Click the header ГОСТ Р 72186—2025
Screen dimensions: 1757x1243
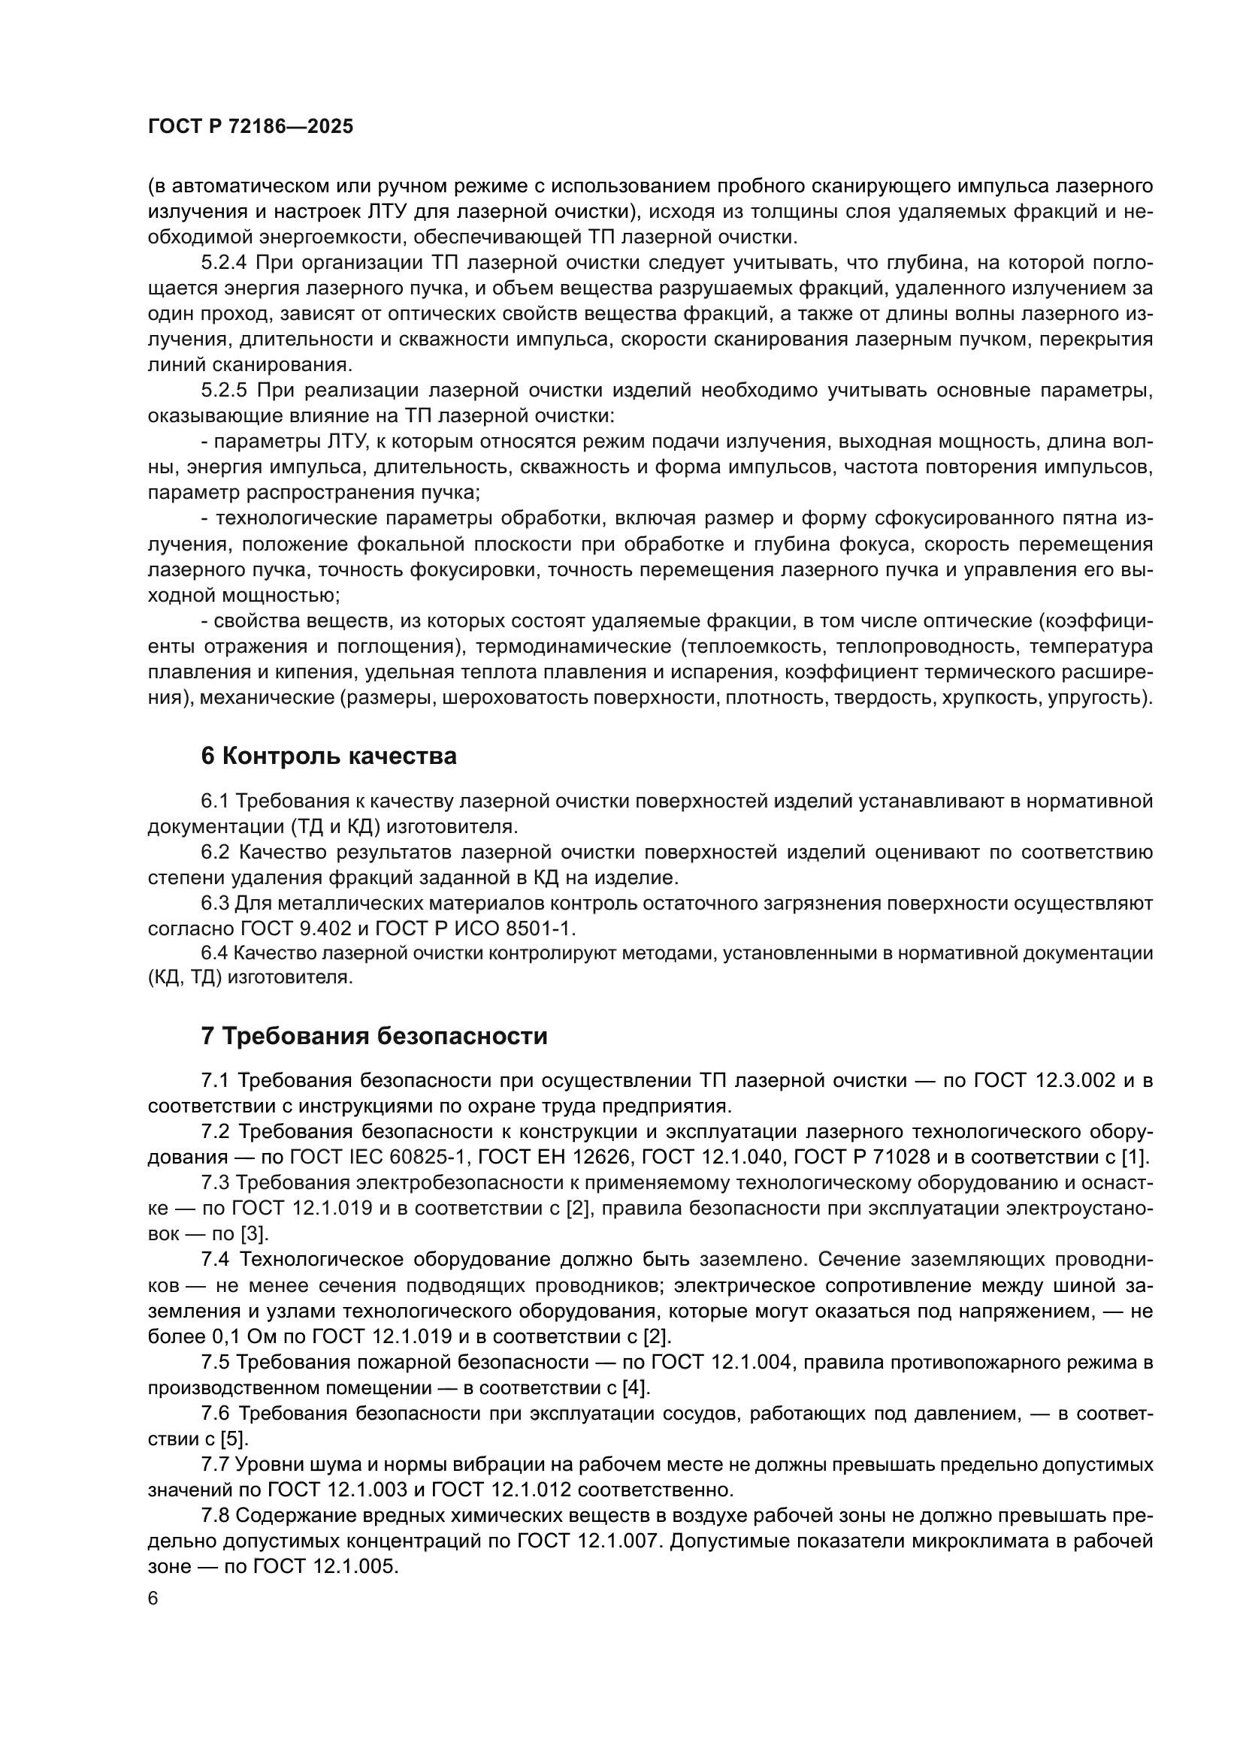[x=250, y=127]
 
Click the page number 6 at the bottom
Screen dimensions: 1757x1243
[x=153, y=1599]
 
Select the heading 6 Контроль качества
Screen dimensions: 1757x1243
[x=328, y=756]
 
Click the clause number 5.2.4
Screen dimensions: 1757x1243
[x=223, y=263]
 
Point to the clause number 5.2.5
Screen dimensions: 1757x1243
[x=223, y=391]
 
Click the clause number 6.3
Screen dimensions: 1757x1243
[x=215, y=904]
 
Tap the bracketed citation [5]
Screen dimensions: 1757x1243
[x=234, y=1439]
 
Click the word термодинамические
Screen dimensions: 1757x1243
[x=573, y=647]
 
